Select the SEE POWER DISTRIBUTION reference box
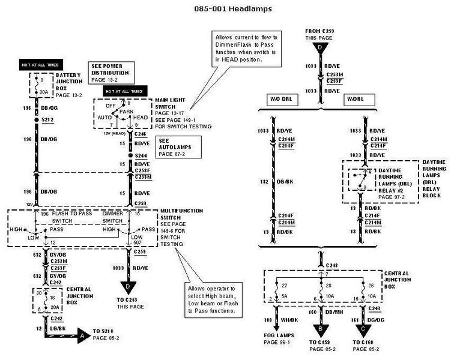tap(110, 72)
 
